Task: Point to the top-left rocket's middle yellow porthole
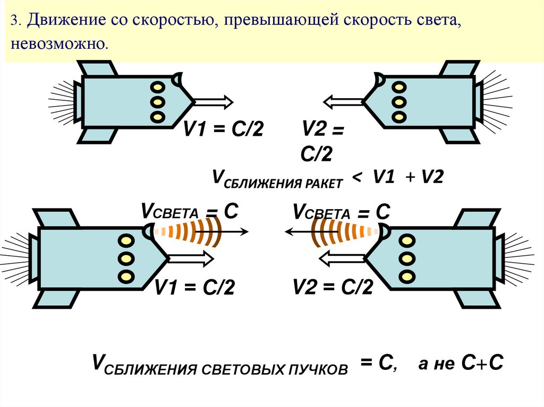pos(157,101)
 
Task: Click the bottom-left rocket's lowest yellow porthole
pos(126,276)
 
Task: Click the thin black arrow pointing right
pos(234,231)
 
